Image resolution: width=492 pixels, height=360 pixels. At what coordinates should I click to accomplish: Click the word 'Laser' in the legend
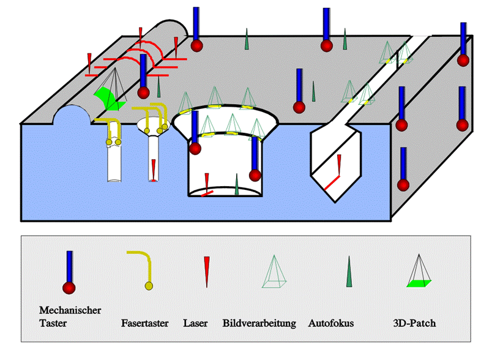tap(196, 323)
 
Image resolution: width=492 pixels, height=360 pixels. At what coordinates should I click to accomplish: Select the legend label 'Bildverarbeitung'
tap(259, 323)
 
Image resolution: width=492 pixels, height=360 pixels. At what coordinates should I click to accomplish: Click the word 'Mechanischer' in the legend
tap(70, 310)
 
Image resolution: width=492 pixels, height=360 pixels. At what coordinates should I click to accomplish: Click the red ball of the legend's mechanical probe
tap(69, 288)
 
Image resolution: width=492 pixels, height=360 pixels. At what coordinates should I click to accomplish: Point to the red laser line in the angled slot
tap(332, 181)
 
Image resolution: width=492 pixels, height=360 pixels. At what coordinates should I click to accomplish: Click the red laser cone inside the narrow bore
tap(153, 168)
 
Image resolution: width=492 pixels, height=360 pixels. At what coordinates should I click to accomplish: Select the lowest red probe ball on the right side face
tap(402, 184)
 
